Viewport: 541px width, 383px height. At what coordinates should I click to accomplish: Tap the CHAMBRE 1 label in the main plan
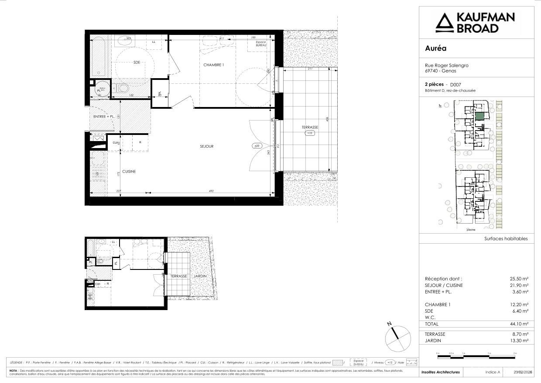(213, 65)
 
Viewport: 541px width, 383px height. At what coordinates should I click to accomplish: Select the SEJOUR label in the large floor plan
(206, 146)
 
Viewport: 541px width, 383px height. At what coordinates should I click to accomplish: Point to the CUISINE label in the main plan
(129, 172)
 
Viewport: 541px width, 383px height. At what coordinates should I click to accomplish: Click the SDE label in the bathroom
(137, 62)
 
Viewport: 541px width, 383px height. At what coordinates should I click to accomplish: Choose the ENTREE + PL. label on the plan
(104, 117)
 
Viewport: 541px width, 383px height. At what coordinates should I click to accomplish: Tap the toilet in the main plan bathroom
(123, 88)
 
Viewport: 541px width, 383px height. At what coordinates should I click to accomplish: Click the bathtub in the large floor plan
(99, 57)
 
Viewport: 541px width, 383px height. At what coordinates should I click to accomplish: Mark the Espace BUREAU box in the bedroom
(261, 43)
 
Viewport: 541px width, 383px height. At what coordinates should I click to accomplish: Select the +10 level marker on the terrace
(310, 133)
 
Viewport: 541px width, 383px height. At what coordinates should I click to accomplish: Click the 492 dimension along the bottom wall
(211, 190)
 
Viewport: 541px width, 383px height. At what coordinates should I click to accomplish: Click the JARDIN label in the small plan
(200, 276)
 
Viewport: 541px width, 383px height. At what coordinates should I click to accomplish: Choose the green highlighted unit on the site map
(479, 117)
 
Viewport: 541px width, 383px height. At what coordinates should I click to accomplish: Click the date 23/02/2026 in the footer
(523, 372)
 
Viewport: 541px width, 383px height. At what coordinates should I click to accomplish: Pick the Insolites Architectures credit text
(440, 372)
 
